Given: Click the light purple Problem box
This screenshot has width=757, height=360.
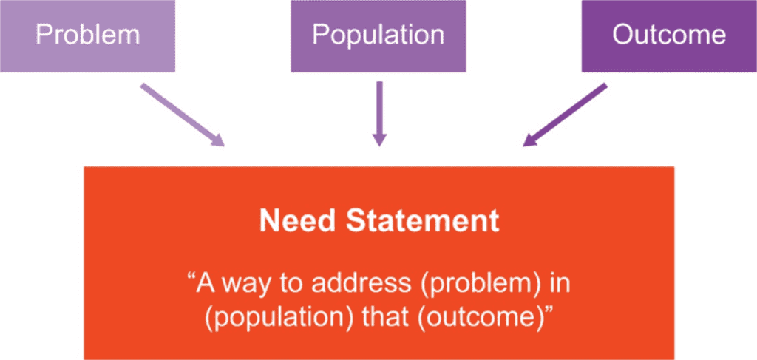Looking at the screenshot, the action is pyautogui.click(x=87, y=35).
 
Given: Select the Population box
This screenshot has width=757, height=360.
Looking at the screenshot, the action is pyautogui.click(x=378, y=35).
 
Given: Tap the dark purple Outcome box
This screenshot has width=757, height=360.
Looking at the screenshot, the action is pyautogui.click(x=669, y=35).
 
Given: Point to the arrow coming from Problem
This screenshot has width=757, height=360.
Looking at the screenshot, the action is pyautogui.click(x=183, y=115).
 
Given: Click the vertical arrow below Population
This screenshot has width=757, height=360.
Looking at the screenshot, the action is pyautogui.click(x=379, y=113).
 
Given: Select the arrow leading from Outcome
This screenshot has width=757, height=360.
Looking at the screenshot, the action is pyautogui.click(x=565, y=115).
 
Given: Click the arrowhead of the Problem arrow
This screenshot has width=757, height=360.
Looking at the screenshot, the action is pyautogui.click(x=217, y=139).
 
